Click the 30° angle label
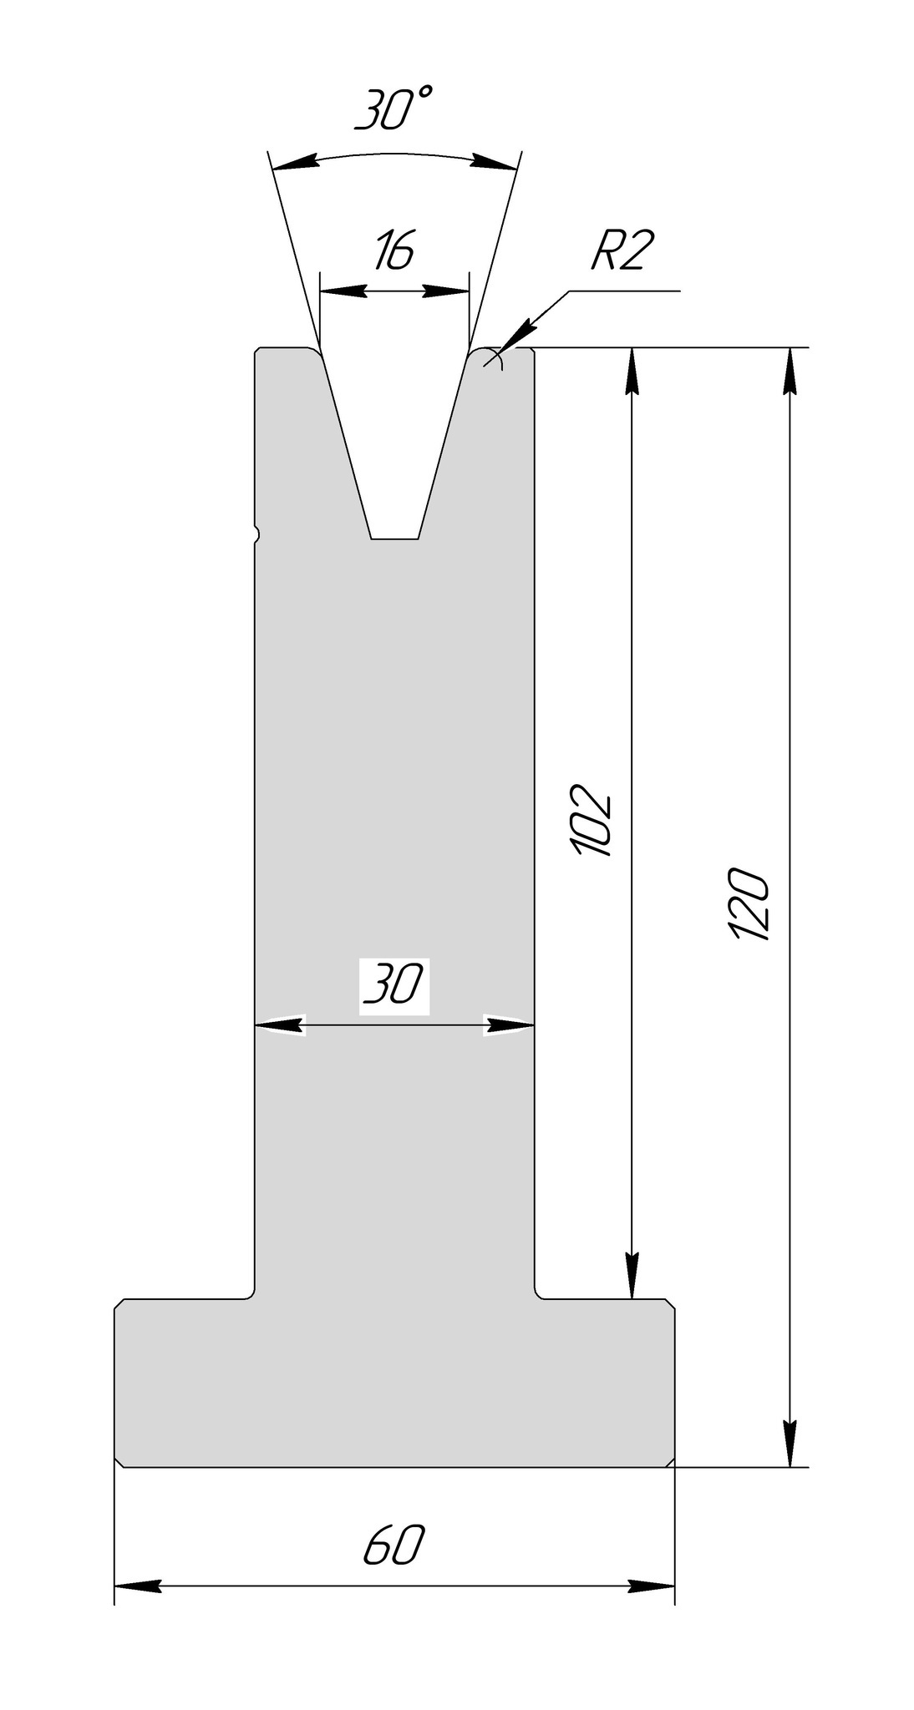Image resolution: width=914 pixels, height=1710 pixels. coord(394,111)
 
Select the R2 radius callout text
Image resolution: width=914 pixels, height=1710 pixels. coord(619,252)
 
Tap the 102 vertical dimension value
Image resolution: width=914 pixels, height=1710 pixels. coord(594,822)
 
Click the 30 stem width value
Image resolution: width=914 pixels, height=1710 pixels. coord(394,987)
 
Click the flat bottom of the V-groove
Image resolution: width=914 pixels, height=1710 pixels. coord(394,539)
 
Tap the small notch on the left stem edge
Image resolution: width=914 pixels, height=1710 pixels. coord(257,533)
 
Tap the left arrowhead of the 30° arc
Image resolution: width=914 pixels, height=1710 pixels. coord(296,161)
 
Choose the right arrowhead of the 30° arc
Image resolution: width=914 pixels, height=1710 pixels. coord(493,161)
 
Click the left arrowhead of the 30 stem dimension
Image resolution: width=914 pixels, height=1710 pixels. coord(278,1024)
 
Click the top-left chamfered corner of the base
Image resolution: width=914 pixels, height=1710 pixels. coord(119,1304)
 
